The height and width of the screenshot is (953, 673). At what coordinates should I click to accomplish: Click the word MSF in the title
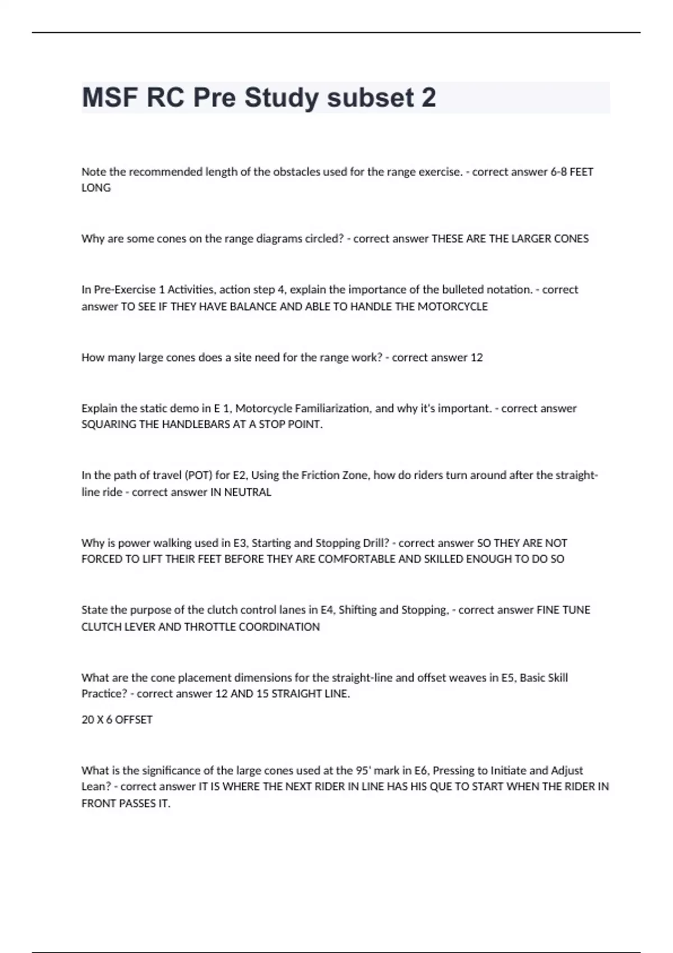click(110, 98)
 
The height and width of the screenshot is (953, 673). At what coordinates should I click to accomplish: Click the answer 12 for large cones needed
click(476, 358)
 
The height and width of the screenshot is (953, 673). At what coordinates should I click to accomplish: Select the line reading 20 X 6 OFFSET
click(117, 720)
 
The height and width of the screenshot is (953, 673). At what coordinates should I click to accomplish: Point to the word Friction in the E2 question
click(320, 475)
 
